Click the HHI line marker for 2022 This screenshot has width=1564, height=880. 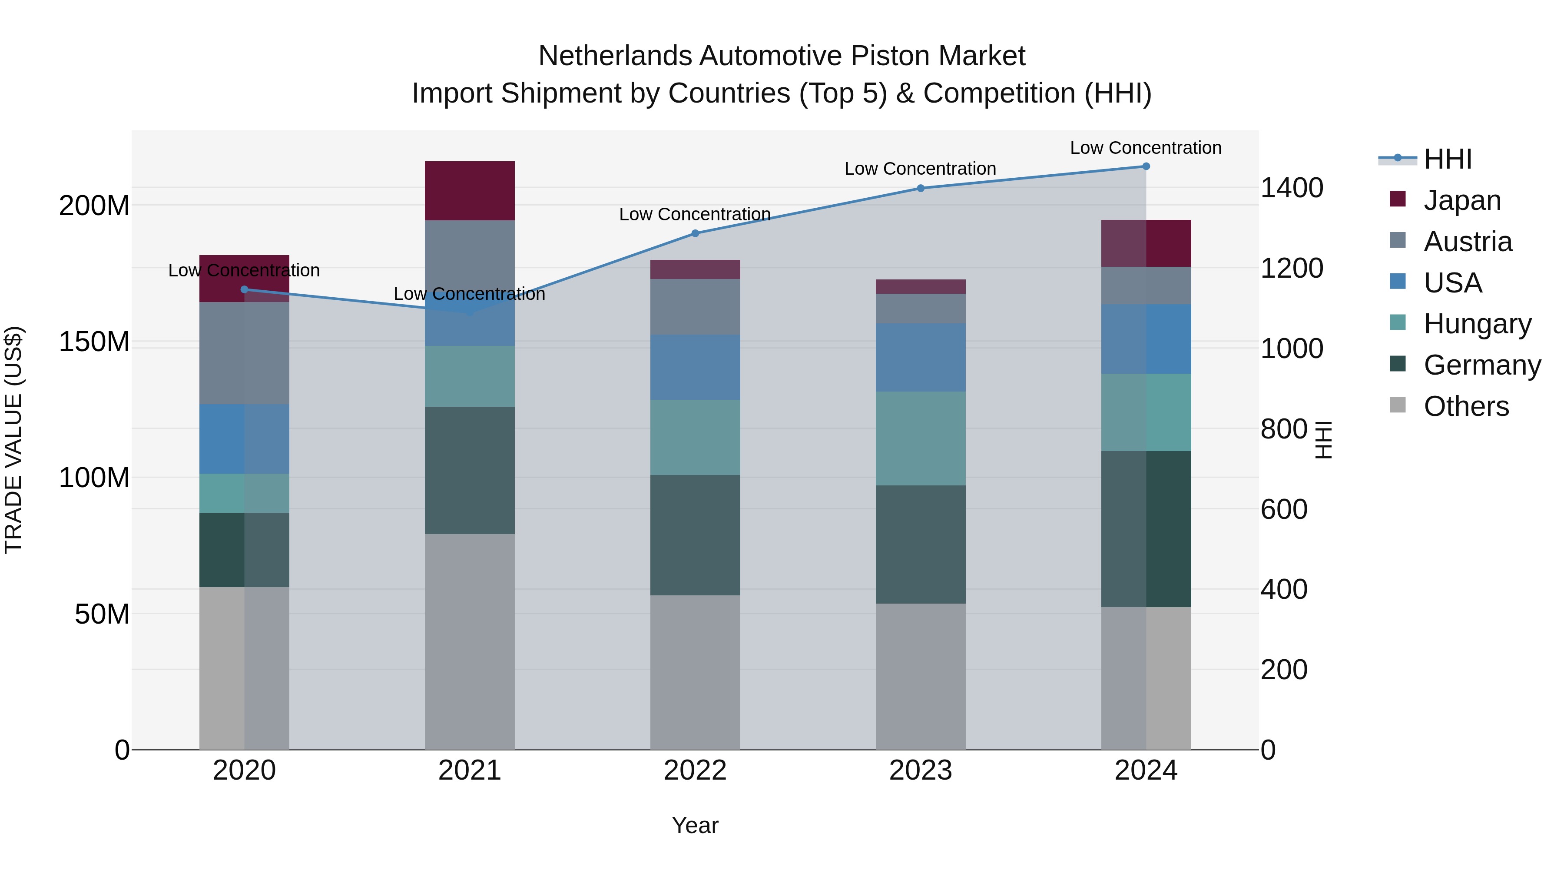(x=695, y=233)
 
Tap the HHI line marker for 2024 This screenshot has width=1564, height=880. (x=1146, y=166)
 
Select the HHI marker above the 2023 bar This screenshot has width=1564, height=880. (x=921, y=188)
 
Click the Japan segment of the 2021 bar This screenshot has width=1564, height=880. (x=469, y=191)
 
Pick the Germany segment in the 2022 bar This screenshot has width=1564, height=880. (x=695, y=535)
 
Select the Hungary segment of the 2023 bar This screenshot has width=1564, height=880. (x=921, y=438)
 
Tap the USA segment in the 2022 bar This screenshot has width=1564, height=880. (x=695, y=367)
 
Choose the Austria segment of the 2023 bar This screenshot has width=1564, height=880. (x=921, y=309)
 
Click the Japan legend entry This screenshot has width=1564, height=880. (x=1462, y=200)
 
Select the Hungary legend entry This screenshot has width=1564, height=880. (x=1477, y=324)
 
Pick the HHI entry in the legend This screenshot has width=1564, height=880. (x=1448, y=159)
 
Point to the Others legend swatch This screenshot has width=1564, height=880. (x=1398, y=405)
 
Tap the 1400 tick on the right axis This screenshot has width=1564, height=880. (x=1292, y=188)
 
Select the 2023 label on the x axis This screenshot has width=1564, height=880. (x=921, y=770)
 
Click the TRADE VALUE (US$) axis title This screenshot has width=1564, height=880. (x=13, y=440)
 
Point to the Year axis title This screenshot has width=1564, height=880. (x=695, y=825)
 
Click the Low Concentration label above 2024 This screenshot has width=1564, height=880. (x=1146, y=148)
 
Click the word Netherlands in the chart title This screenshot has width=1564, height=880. (x=615, y=56)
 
